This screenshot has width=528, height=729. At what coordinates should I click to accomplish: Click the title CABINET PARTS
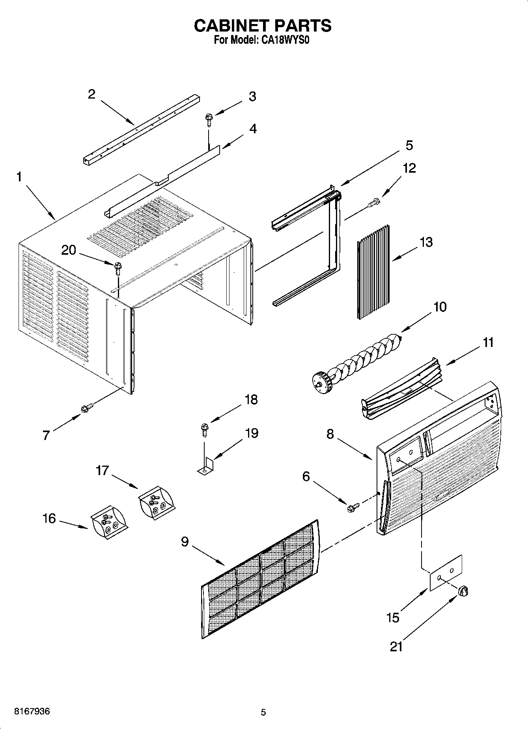(263, 26)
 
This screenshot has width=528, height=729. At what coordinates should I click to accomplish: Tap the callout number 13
(426, 242)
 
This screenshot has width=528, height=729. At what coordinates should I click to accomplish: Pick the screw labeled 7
(87, 408)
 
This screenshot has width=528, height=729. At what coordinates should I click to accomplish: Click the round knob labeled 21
(463, 591)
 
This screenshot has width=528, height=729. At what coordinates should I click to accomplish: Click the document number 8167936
(32, 712)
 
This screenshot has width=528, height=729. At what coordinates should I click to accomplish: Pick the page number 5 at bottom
(263, 712)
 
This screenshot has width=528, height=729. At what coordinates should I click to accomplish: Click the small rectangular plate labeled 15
(446, 573)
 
